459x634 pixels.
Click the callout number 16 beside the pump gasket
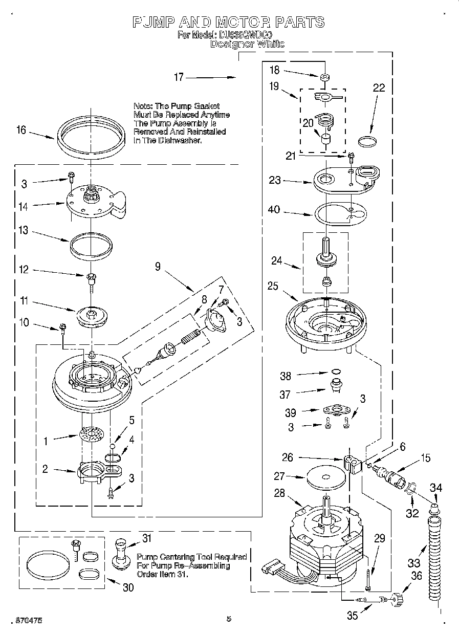[20, 130]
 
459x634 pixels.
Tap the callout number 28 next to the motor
[279, 493]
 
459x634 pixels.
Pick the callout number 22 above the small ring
[378, 88]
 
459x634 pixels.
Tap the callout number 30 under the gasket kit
[128, 587]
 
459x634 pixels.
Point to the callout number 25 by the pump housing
[273, 286]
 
